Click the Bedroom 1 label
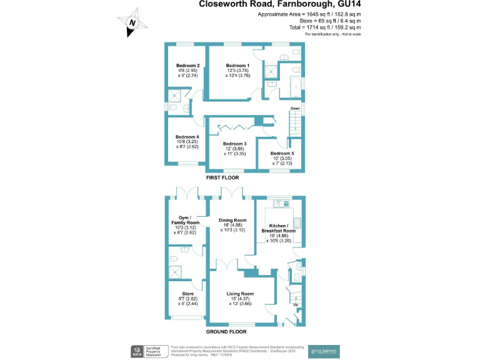(237, 66)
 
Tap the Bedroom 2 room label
(187, 66)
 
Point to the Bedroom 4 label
(187, 137)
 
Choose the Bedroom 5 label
(282, 153)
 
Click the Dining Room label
(232, 220)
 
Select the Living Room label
(240, 293)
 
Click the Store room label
(187, 293)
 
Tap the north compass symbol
(132, 22)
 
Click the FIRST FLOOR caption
(222, 178)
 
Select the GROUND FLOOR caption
(226, 332)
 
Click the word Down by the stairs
(295, 107)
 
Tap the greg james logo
(324, 352)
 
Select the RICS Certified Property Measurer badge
(146, 352)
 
